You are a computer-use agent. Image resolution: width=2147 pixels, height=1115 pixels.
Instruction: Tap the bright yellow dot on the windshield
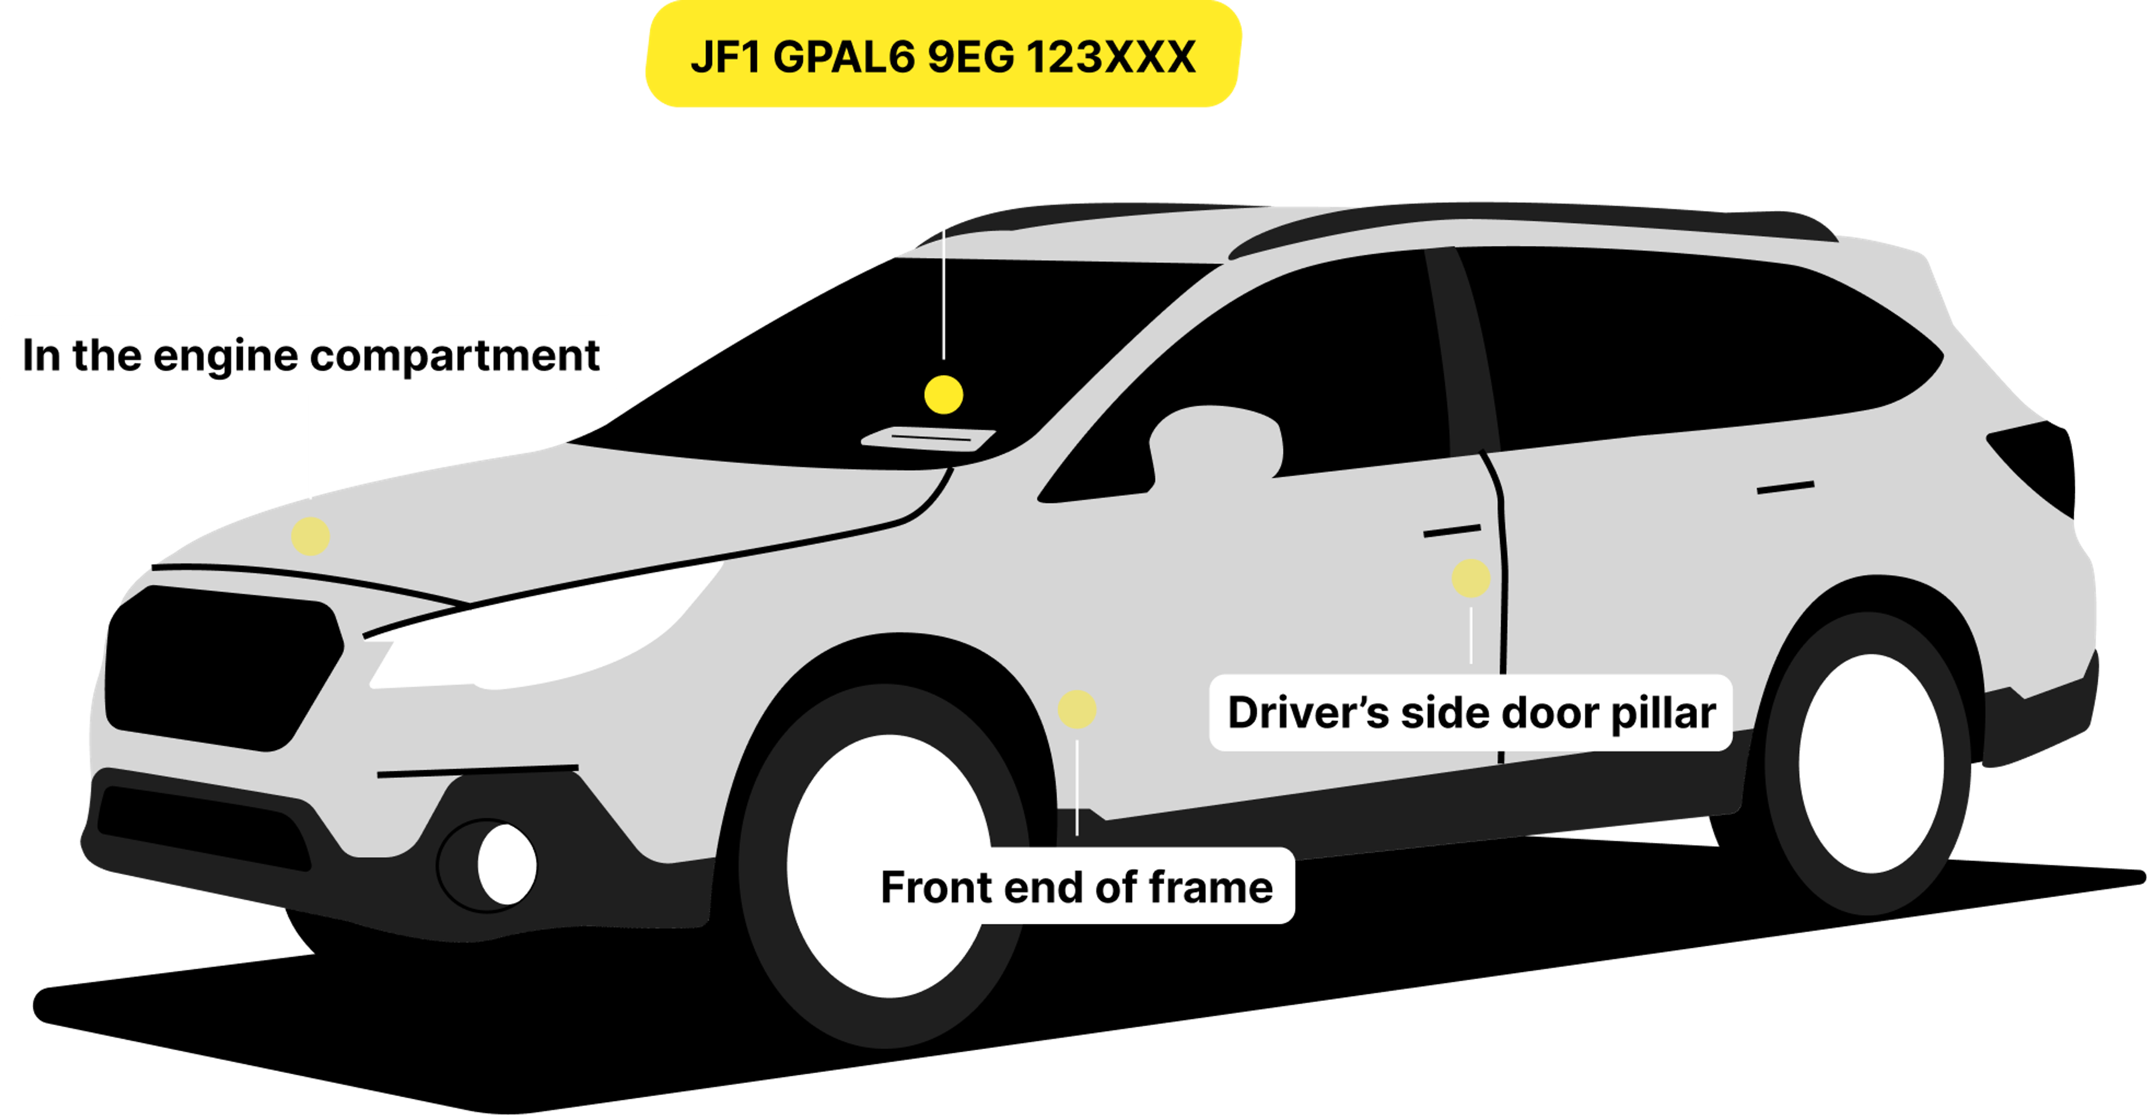[943, 394]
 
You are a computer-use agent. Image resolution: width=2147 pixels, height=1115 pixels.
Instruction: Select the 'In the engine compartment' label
[311, 354]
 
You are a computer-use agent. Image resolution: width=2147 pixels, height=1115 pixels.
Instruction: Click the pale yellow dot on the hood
[311, 536]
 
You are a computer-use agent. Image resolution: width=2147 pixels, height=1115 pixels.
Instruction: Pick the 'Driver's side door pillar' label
[1471, 713]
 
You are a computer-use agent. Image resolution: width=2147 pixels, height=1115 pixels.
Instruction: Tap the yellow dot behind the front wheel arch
[1077, 709]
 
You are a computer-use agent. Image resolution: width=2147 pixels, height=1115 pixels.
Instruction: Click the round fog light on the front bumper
[506, 864]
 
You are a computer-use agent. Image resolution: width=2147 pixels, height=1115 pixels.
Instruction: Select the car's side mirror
[1217, 446]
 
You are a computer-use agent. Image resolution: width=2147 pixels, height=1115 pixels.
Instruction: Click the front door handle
[1452, 530]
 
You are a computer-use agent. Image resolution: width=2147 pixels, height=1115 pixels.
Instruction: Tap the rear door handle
[1785, 487]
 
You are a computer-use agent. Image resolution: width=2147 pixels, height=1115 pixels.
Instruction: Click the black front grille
[221, 667]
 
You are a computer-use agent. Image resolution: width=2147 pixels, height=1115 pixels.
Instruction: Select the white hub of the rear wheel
[1871, 762]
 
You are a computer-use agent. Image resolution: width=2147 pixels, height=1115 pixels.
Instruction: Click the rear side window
[1700, 350]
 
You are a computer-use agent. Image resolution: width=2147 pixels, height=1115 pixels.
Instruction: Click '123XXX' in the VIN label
[1110, 56]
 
